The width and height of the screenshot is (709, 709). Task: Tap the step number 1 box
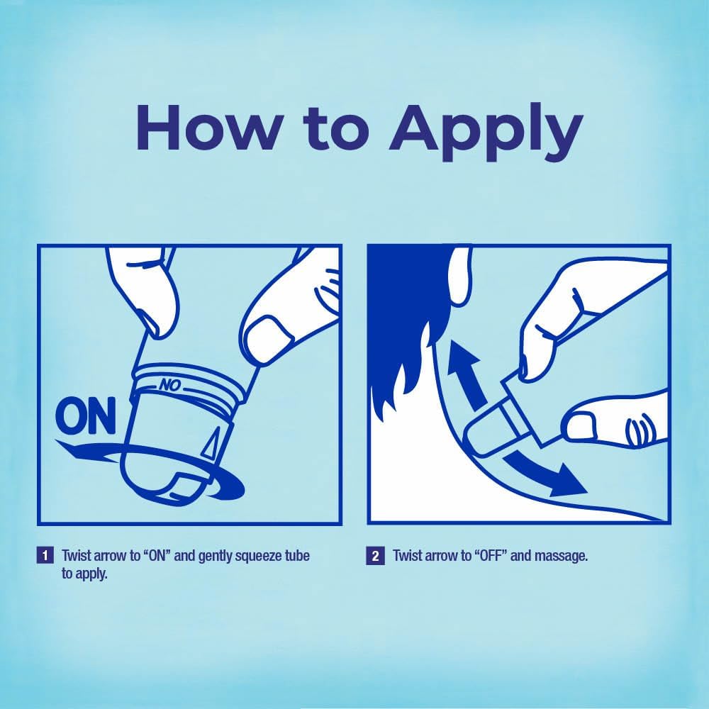(x=45, y=555)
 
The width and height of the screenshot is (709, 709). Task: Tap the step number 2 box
(x=375, y=555)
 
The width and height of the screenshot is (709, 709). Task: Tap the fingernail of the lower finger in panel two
(x=579, y=428)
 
